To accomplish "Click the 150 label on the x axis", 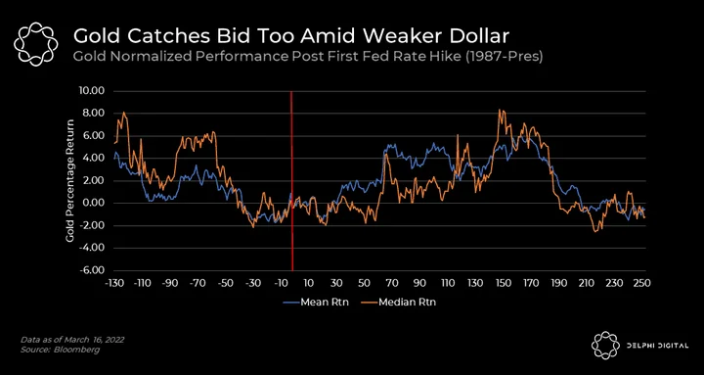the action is click(x=504, y=284).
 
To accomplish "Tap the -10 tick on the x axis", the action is click(x=280, y=284).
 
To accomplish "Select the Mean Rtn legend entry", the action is click(x=316, y=303).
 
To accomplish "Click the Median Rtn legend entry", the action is click(x=398, y=303).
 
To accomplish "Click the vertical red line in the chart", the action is click(x=291, y=181).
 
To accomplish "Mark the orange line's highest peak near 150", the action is click(x=500, y=110).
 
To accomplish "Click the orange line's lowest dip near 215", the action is click(x=595, y=231).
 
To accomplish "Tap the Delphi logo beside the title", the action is click(x=36, y=44).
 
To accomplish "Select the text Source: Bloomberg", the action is click(x=61, y=350).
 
